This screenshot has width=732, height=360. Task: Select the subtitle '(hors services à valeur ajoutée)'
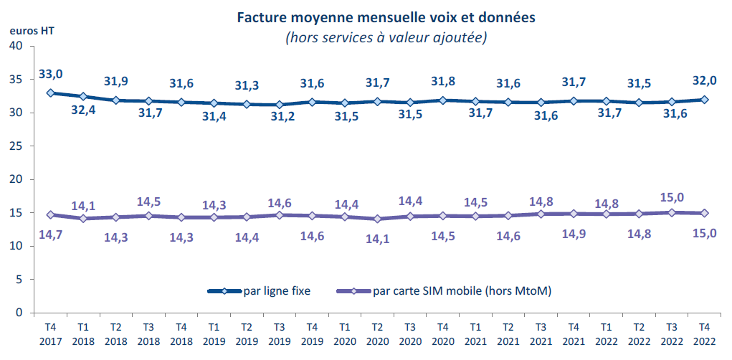pos(386,37)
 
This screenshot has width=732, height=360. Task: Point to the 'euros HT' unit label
pos(32,31)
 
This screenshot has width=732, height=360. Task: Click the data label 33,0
pos(51,74)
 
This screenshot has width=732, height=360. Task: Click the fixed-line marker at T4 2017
pos(50,93)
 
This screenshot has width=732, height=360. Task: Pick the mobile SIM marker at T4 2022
pos(705,213)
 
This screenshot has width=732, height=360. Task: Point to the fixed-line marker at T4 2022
pos(705,100)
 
